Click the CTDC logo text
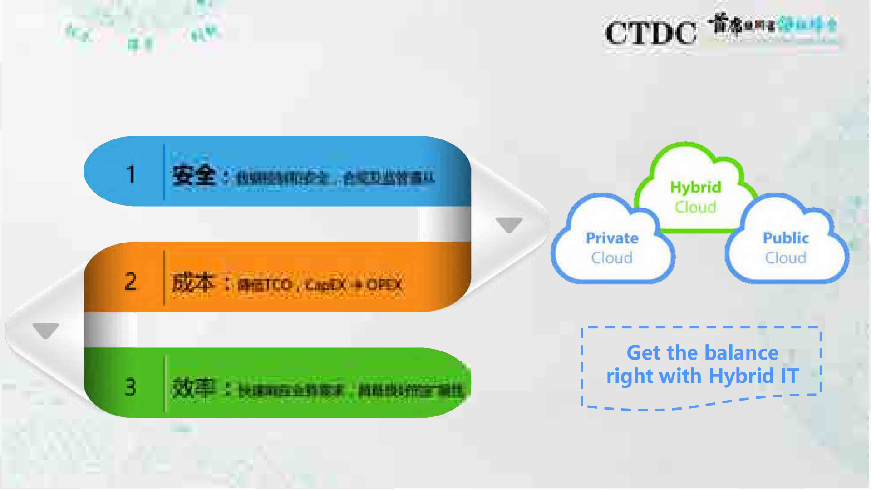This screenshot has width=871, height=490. (x=651, y=33)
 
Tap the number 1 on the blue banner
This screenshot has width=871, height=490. (x=131, y=174)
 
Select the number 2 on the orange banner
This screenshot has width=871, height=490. (x=131, y=282)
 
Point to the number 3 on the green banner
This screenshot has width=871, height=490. (x=131, y=387)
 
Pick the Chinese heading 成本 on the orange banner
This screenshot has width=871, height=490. (x=192, y=282)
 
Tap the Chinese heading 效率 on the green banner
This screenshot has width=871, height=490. (x=192, y=388)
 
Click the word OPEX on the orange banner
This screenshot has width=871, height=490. (x=384, y=285)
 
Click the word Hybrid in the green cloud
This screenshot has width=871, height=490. (x=695, y=187)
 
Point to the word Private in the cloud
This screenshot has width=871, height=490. (x=612, y=238)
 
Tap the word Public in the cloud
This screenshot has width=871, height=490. (x=786, y=238)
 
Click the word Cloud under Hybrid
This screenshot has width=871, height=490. (x=695, y=207)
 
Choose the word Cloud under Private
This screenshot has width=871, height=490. (x=612, y=258)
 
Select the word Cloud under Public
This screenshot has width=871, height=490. (x=786, y=258)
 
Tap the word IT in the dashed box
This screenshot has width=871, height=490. (x=789, y=376)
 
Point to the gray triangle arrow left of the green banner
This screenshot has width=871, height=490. (x=46, y=330)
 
